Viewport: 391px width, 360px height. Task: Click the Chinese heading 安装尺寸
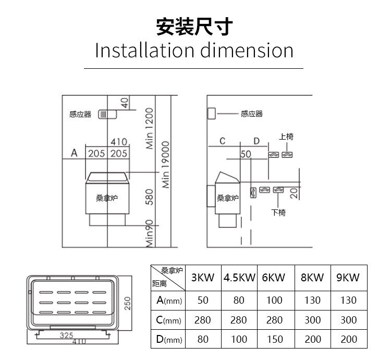click(194, 26)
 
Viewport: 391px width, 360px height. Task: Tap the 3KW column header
click(203, 278)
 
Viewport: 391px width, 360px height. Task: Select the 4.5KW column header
click(239, 278)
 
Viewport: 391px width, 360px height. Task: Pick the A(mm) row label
click(168, 301)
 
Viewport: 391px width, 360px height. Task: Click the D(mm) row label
click(168, 339)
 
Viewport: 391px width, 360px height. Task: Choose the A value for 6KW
click(274, 301)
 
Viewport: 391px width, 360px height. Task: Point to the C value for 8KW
click(312, 320)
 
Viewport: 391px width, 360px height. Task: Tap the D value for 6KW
click(274, 339)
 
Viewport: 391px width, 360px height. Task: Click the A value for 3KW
click(203, 301)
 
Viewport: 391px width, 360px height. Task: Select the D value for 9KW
click(349, 339)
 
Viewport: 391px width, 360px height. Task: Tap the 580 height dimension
click(149, 197)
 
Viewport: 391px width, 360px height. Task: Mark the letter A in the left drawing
click(74, 153)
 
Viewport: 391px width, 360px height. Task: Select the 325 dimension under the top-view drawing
click(66, 336)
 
